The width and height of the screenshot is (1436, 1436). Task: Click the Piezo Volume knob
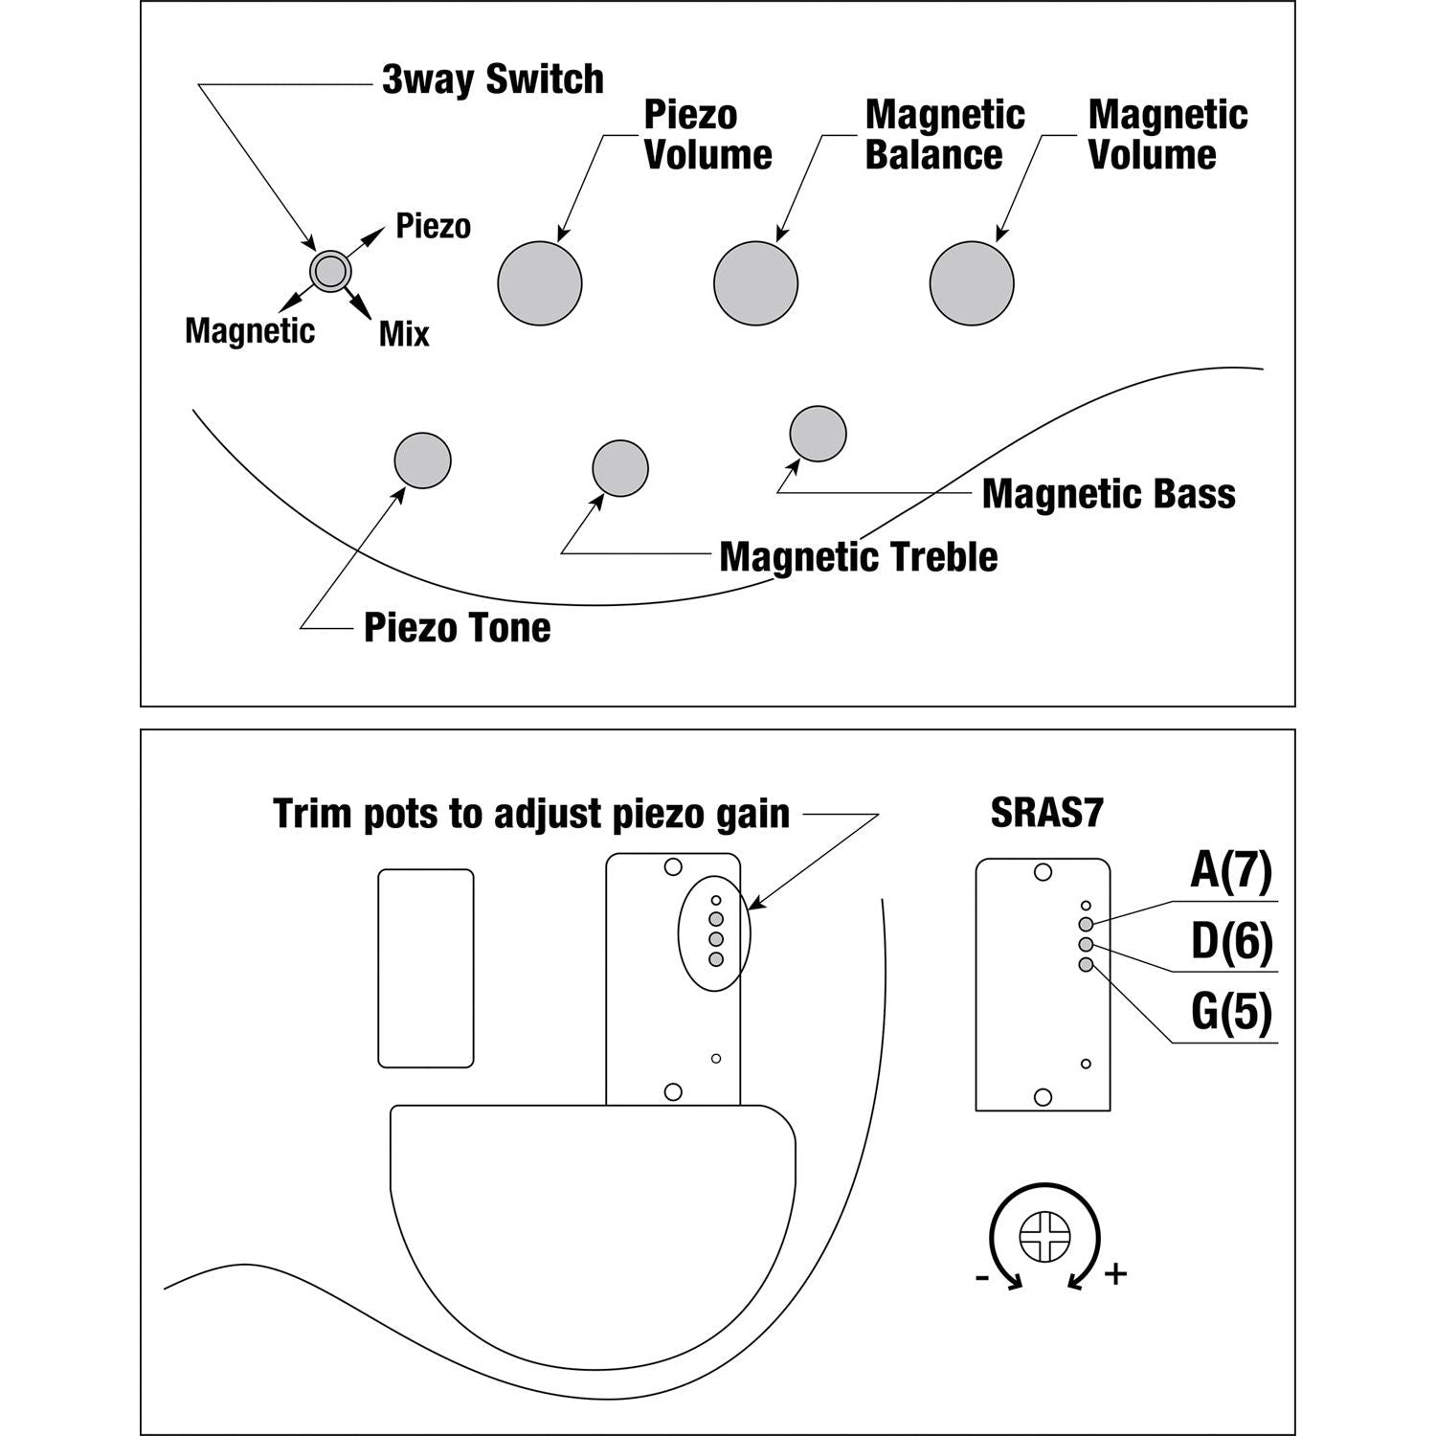(x=540, y=283)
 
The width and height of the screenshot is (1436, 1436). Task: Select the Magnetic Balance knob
(x=755, y=283)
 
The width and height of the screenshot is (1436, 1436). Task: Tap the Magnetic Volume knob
(x=972, y=283)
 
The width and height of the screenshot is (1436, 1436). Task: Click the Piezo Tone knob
(x=422, y=460)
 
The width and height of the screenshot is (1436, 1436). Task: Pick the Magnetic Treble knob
(x=620, y=468)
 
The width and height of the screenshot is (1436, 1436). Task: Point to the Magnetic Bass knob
(x=818, y=434)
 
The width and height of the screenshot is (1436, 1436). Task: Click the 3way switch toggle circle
(x=330, y=271)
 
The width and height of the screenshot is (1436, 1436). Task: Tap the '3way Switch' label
(x=492, y=79)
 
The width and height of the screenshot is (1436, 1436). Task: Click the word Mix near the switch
(x=404, y=334)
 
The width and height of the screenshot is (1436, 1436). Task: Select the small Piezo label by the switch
(x=433, y=227)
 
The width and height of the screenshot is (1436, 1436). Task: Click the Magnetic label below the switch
(x=250, y=331)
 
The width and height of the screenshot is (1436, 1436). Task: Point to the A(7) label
(x=1231, y=870)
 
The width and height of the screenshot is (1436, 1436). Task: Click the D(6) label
(x=1231, y=942)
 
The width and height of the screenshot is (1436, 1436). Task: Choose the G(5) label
(x=1231, y=1012)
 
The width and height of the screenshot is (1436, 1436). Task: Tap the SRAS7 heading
(x=1046, y=814)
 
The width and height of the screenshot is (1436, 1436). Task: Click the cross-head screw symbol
(x=1043, y=1237)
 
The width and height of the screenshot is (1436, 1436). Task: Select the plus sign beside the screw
(x=1115, y=1274)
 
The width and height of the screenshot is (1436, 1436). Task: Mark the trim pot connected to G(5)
(x=1086, y=965)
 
